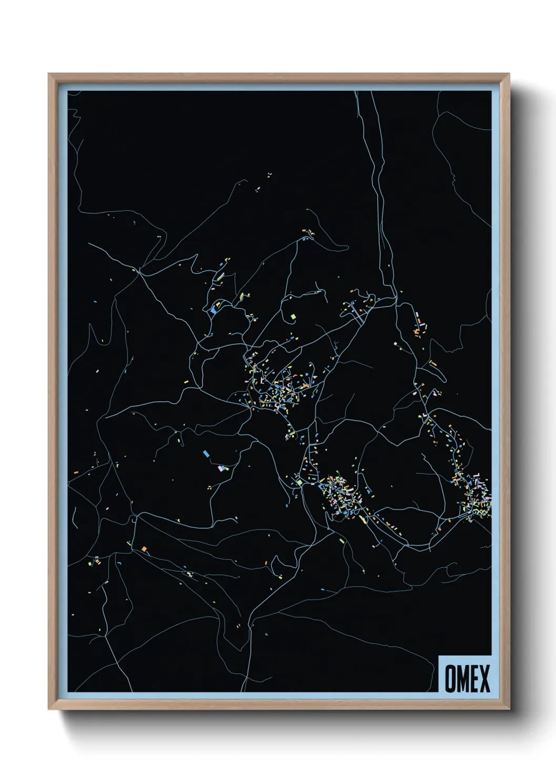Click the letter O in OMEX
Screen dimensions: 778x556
pyautogui.click(x=450, y=679)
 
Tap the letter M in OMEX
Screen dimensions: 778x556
pyautogui.click(x=462, y=679)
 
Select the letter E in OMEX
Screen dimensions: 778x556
pyautogui.click(x=475, y=679)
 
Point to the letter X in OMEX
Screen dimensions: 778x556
pyautogui.click(x=485, y=679)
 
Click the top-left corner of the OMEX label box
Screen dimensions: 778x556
pyautogui.click(x=439, y=656)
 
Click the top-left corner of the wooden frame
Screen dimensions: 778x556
pyautogui.click(x=49, y=74)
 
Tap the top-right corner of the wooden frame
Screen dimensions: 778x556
pyautogui.click(x=509, y=74)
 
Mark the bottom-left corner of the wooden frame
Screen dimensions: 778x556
pyautogui.click(x=49, y=709)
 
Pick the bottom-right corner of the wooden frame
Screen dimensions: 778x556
pyautogui.click(x=509, y=709)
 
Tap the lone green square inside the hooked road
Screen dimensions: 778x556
pyautogui.click(x=293, y=316)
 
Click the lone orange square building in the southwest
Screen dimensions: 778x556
pyautogui.click(x=144, y=549)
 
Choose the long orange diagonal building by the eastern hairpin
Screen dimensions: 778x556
pyautogui.click(x=433, y=362)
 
